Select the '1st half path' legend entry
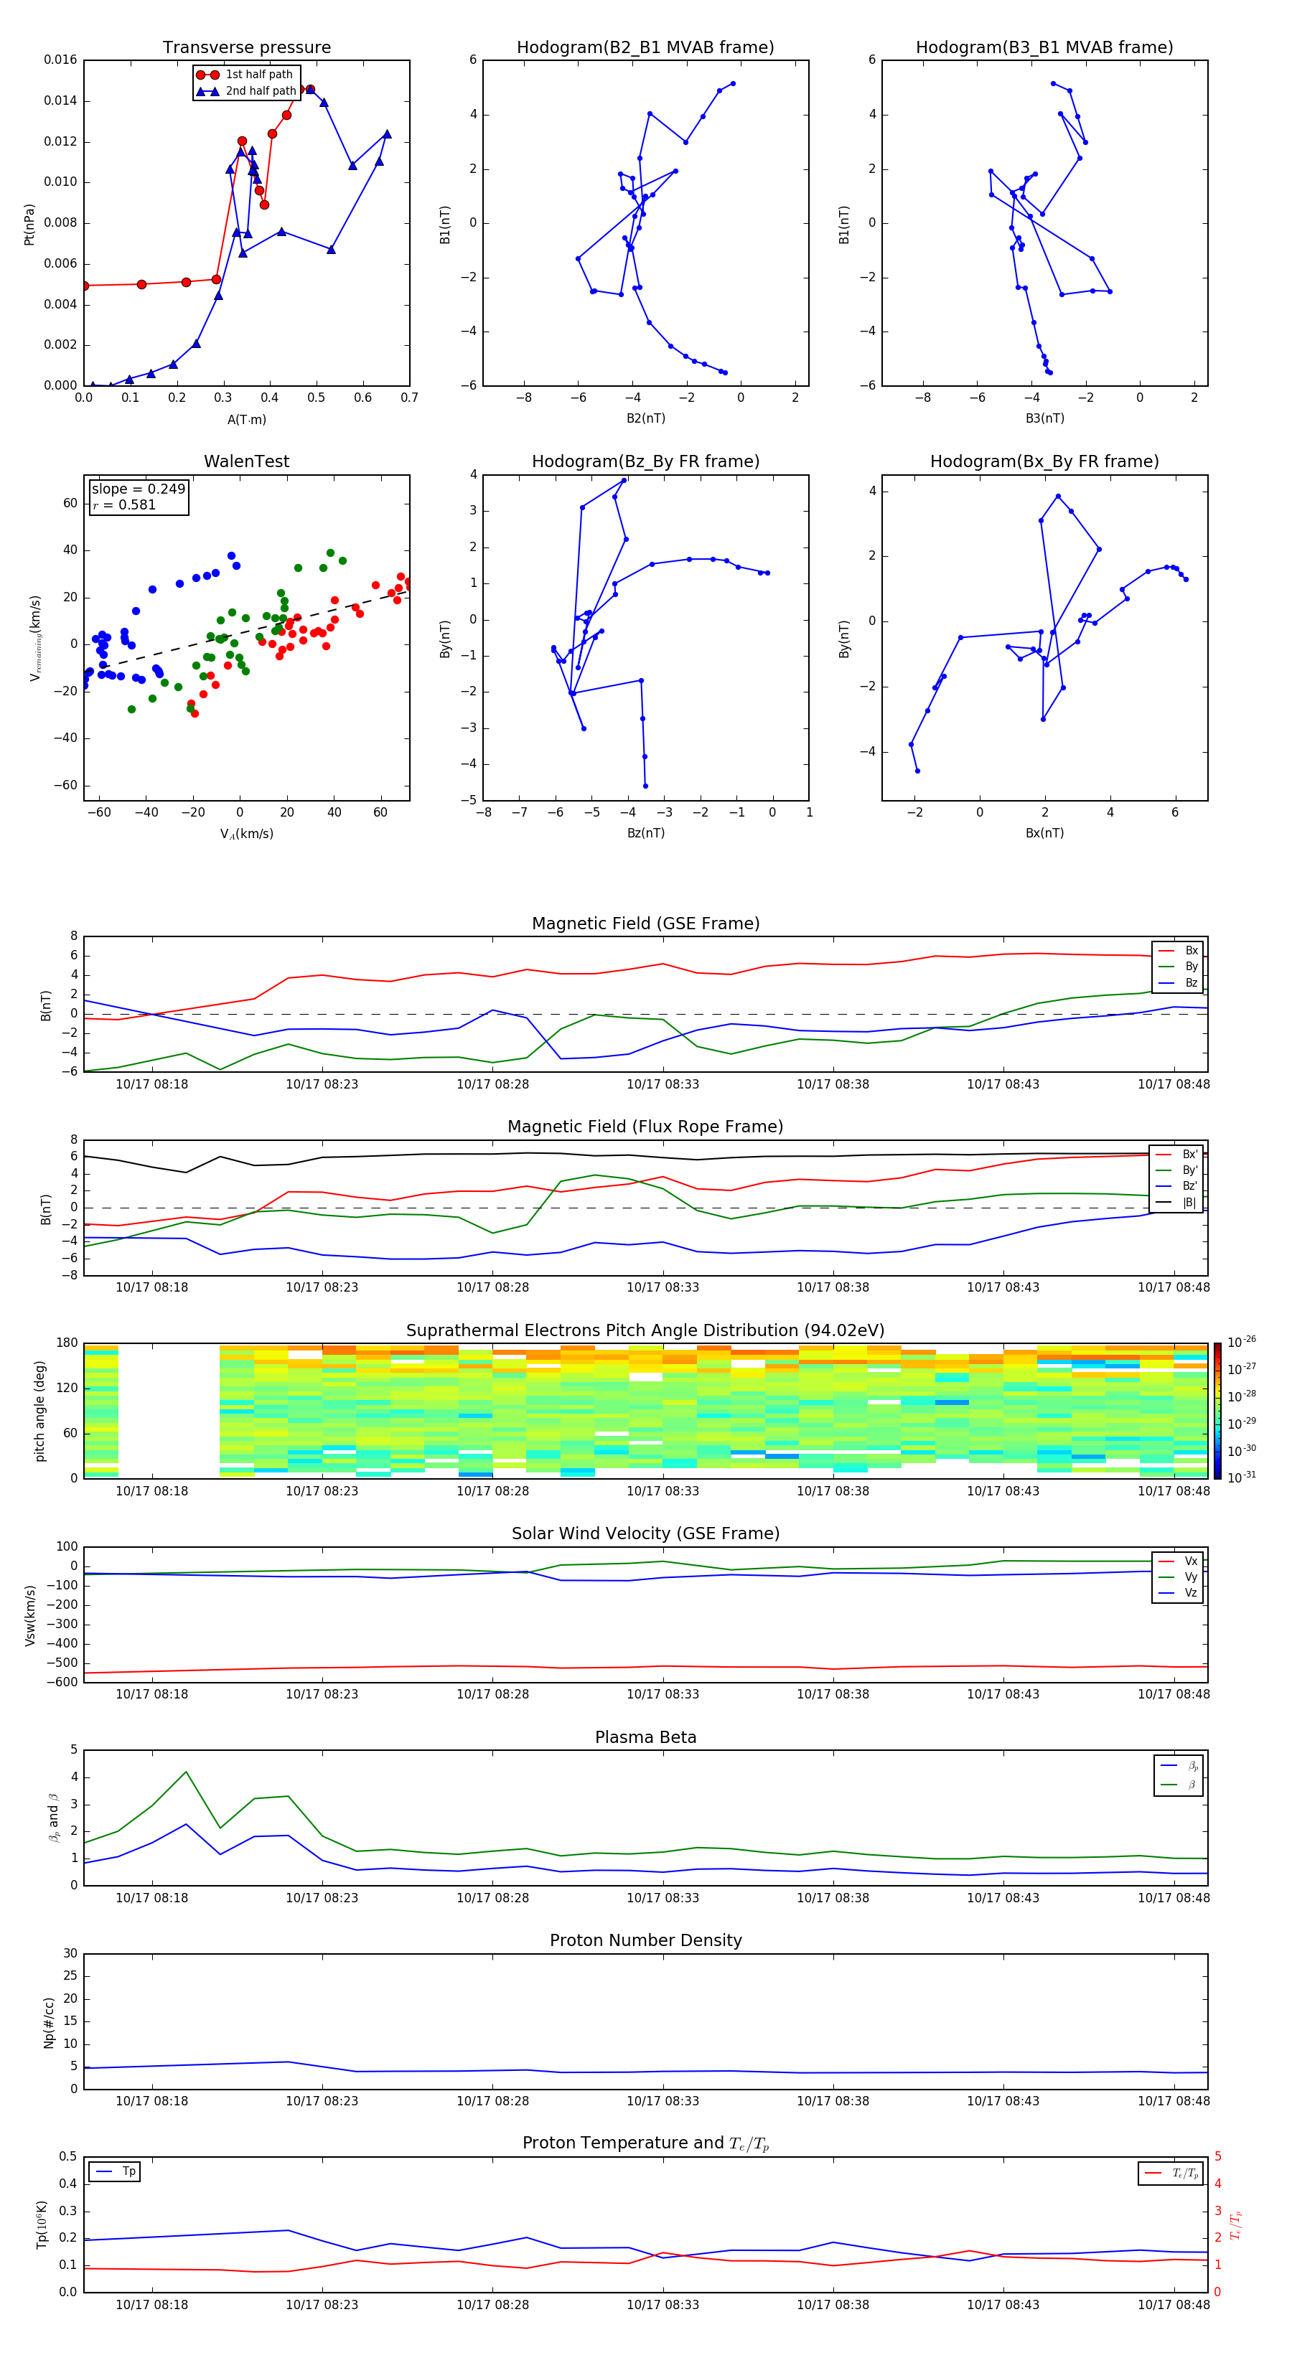[x=258, y=75]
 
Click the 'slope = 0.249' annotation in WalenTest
[x=138, y=489]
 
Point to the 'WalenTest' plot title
[x=246, y=461]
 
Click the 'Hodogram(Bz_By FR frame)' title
[x=645, y=461]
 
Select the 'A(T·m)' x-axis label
[x=246, y=420]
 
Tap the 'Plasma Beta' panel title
[x=645, y=1737]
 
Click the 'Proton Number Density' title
[x=645, y=1940]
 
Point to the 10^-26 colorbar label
[x=1242, y=1342]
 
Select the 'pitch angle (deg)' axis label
[x=39, y=1411]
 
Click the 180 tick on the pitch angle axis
[x=67, y=1343]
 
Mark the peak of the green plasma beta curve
[x=186, y=1772]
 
